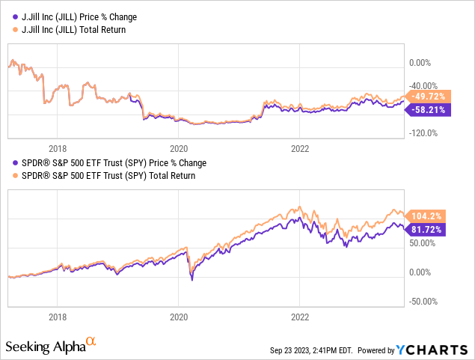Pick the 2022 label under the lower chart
click(299, 317)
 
